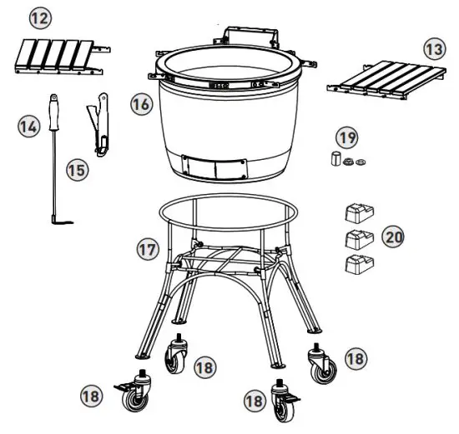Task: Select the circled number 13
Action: pyautogui.click(x=432, y=50)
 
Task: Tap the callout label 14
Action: pyautogui.click(x=30, y=127)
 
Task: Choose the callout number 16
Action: pyautogui.click(x=141, y=104)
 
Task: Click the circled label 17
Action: pyautogui.click(x=148, y=247)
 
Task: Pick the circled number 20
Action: pyautogui.click(x=393, y=237)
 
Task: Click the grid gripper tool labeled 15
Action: pyautogui.click(x=99, y=125)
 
